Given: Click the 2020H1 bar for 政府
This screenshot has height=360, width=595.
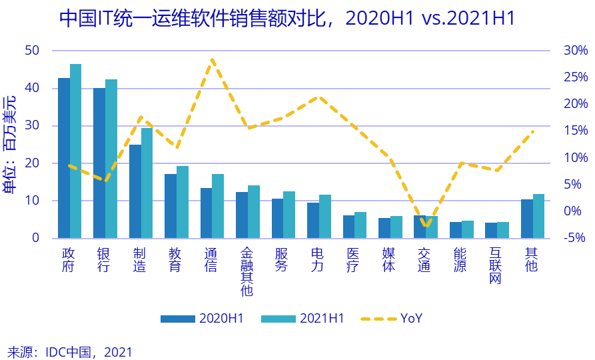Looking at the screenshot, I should (x=64, y=158).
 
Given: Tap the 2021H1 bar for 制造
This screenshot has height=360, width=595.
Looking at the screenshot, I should (x=147, y=183).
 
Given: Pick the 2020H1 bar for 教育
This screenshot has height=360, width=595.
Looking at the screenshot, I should (x=171, y=206).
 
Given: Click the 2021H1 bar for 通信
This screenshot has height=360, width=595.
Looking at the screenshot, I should (x=218, y=206).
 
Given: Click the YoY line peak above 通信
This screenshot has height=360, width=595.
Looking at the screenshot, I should (x=212, y=59).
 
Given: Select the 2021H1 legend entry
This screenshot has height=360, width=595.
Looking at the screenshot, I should (x=302, y=318).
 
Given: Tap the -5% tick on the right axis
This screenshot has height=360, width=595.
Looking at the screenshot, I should (x=574, y=238).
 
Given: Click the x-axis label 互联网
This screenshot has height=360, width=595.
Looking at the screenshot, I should (x=496, y=265).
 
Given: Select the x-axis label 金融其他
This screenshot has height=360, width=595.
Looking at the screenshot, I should (x=247, y=272).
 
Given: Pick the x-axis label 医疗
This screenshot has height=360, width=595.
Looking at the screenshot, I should (x=354, y=259).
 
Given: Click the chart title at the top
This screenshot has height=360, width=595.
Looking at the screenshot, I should (x=287, y=18).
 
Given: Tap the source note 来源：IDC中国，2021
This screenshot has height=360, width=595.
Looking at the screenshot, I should (x=70, y=351).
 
